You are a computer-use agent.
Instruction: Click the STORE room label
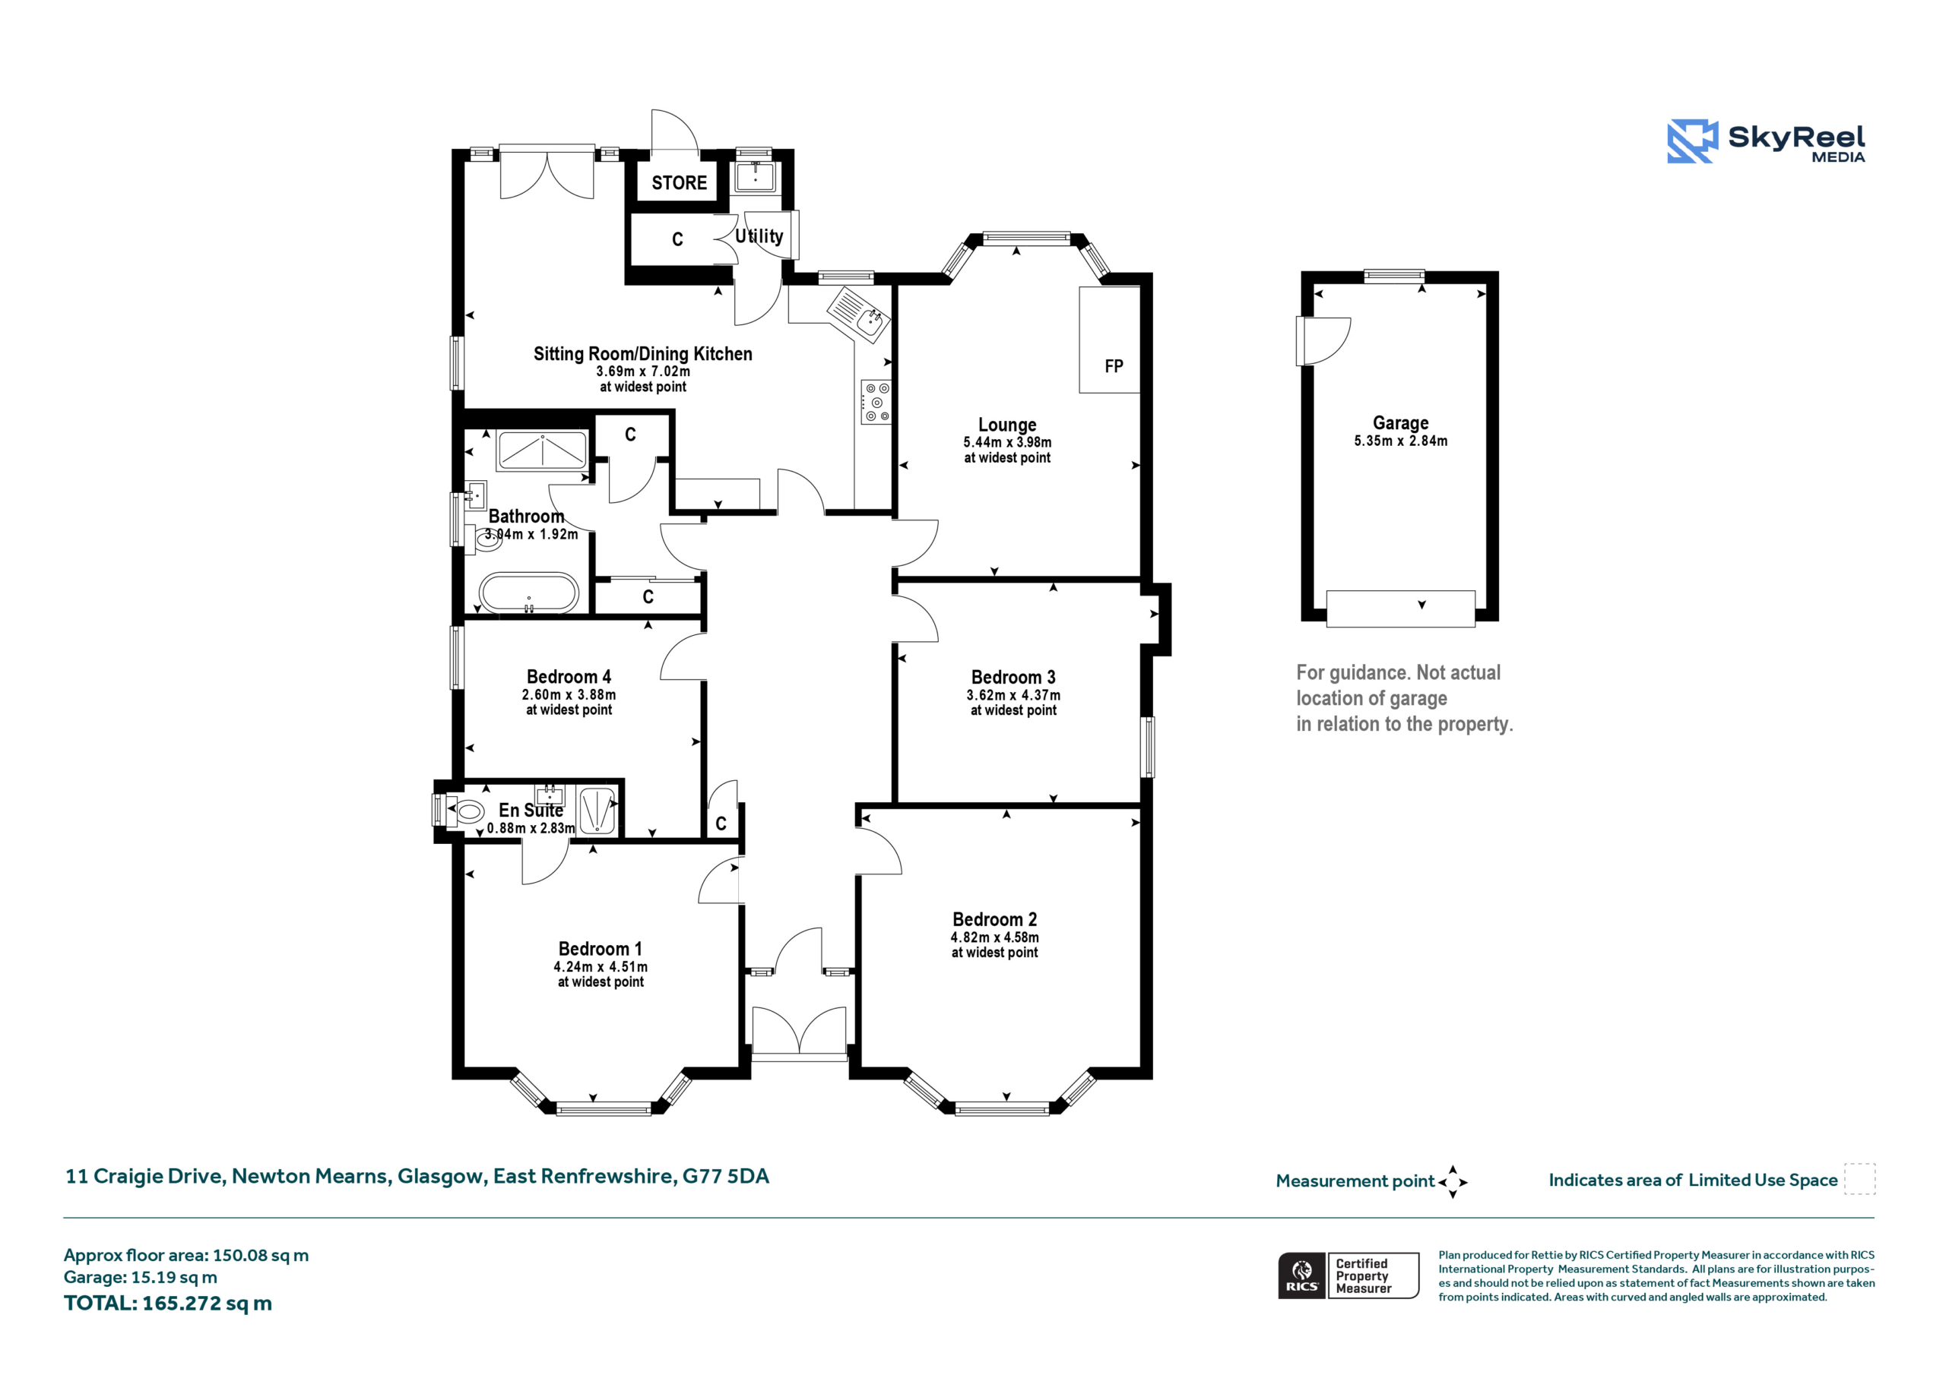point(679,183)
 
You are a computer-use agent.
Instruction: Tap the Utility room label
point(759,236)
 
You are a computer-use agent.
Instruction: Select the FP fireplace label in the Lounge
point(1114,366)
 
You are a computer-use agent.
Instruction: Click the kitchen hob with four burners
point(876,402)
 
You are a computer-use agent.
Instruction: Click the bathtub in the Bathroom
point(529,593)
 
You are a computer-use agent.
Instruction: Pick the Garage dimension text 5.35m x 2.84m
point(1400,441)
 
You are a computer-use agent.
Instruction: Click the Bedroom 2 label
point(994,919)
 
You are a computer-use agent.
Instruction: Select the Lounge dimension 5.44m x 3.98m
point(1007,442)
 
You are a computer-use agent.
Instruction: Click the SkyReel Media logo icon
point(1692,141)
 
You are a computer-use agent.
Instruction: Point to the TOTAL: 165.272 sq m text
point(168,1303)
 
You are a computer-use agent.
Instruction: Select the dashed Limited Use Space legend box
point(1859,1178)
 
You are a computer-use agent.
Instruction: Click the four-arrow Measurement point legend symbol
point(1452,1182)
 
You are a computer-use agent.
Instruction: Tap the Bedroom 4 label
point(569,677)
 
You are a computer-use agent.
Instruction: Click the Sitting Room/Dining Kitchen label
point(642,354)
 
